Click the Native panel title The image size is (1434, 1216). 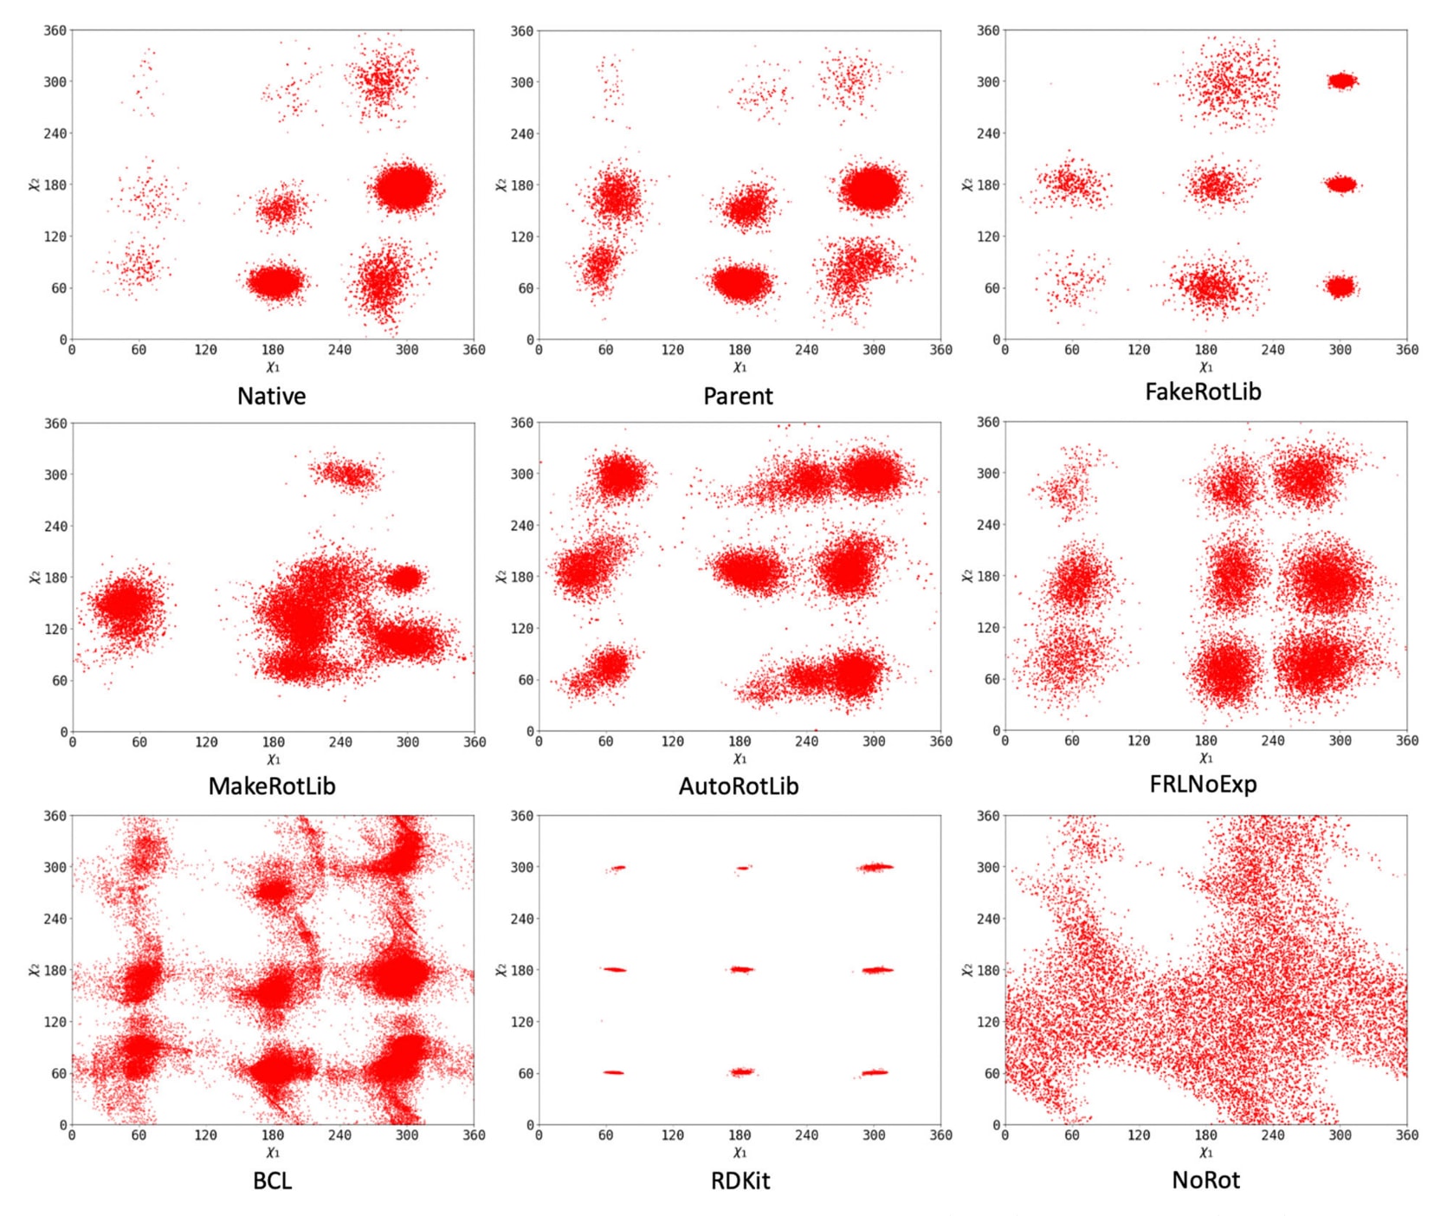coord(271,396)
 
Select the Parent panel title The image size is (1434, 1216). coord(738,396)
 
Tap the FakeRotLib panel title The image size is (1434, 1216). coord(1203,391)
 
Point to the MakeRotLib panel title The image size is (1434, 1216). coord(271,786)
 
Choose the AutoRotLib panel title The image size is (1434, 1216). coord(738,786)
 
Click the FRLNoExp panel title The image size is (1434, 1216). coord(1203,784)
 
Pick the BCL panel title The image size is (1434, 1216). coord(272,1180)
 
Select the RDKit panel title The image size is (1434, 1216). coord(740,1180)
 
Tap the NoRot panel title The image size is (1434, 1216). coord(1205,1180)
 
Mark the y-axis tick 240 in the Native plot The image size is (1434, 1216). coord(55,133)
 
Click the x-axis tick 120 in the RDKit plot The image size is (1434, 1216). coord(672,1135)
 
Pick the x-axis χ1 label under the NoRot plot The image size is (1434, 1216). coord(1205,1153)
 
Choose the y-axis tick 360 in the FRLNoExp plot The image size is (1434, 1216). coord(988,423)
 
